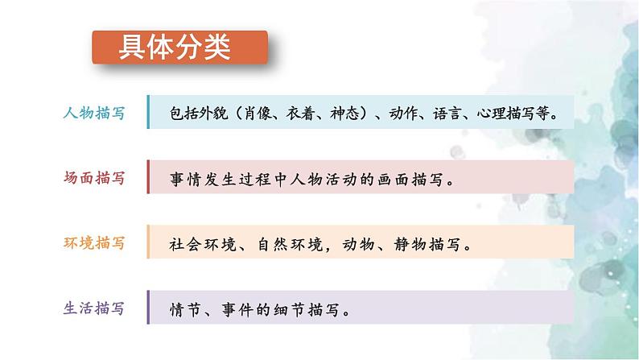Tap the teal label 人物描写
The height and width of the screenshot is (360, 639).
point(93,114)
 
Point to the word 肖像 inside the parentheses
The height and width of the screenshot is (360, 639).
point(267,114)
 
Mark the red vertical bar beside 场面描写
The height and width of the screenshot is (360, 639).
point(148,178)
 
